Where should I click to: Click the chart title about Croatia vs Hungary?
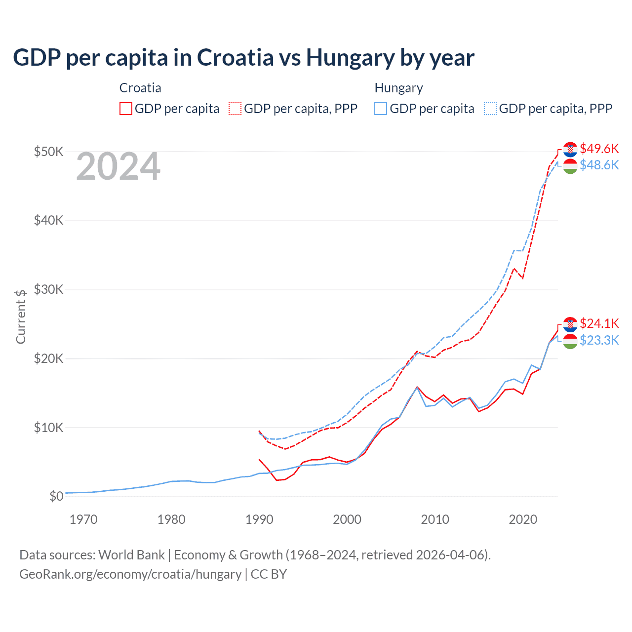(x=243, y=58)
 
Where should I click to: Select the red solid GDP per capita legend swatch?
(x=126, y=109)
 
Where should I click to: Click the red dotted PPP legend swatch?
(x=236, y=109)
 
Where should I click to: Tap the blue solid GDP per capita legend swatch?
(x=381, y=109)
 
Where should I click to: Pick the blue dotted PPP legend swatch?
(x=490, y=109)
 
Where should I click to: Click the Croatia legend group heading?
(x=140, y=88)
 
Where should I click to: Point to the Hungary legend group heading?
(x=398, y=88)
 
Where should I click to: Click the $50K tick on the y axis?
(x=48, y=151)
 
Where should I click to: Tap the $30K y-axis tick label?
(x=48, y=289)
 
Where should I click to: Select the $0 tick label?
(x=56, y=496)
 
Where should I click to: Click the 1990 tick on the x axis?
(x=259, y=519)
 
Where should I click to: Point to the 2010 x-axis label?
(x=435, y=519)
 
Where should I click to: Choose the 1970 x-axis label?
(x=83, y=519)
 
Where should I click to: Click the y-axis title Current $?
(x=21, y=316)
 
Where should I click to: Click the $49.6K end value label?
(x=599, y=149)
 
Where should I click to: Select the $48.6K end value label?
(x=599, y=165)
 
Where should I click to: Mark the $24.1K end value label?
(x=599, y=323)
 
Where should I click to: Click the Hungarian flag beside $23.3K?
(x=570, y=341)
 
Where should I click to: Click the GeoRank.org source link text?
(x=130, y=574)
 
